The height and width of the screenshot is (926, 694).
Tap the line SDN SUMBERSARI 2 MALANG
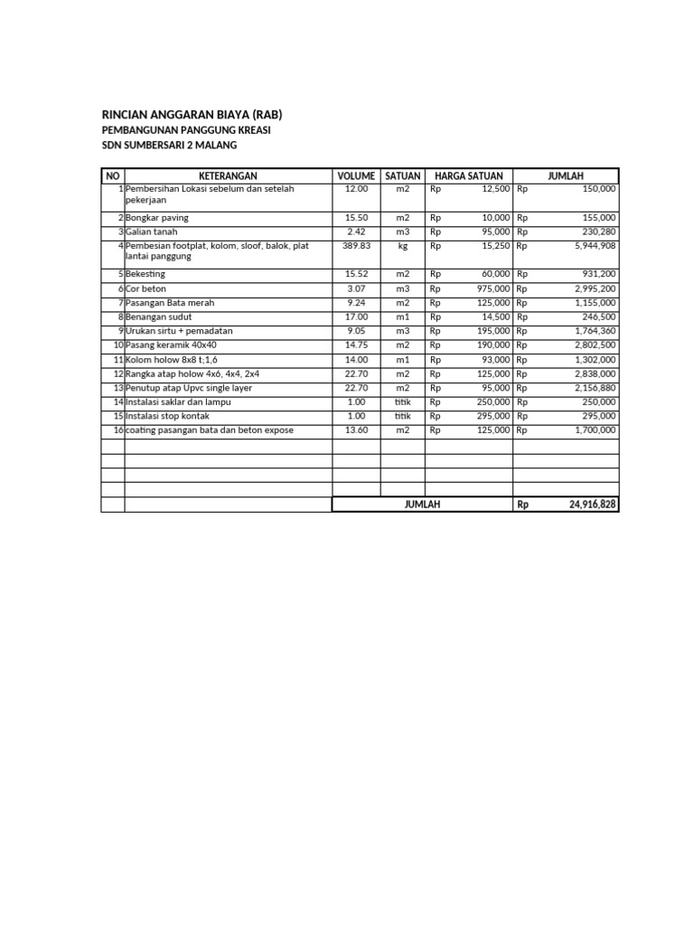174,146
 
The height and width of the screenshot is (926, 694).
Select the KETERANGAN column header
228,175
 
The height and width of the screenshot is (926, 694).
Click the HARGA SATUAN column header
468,175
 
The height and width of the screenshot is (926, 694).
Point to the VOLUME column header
356,175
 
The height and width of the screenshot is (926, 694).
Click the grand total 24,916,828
593,505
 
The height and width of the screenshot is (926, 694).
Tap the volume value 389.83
356,246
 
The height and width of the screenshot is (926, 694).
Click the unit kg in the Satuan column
402,246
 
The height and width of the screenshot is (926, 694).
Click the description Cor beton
147,288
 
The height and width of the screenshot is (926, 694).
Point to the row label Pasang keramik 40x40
171,345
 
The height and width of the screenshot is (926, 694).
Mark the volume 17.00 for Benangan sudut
356,317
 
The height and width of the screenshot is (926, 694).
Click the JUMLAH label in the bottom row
422,505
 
